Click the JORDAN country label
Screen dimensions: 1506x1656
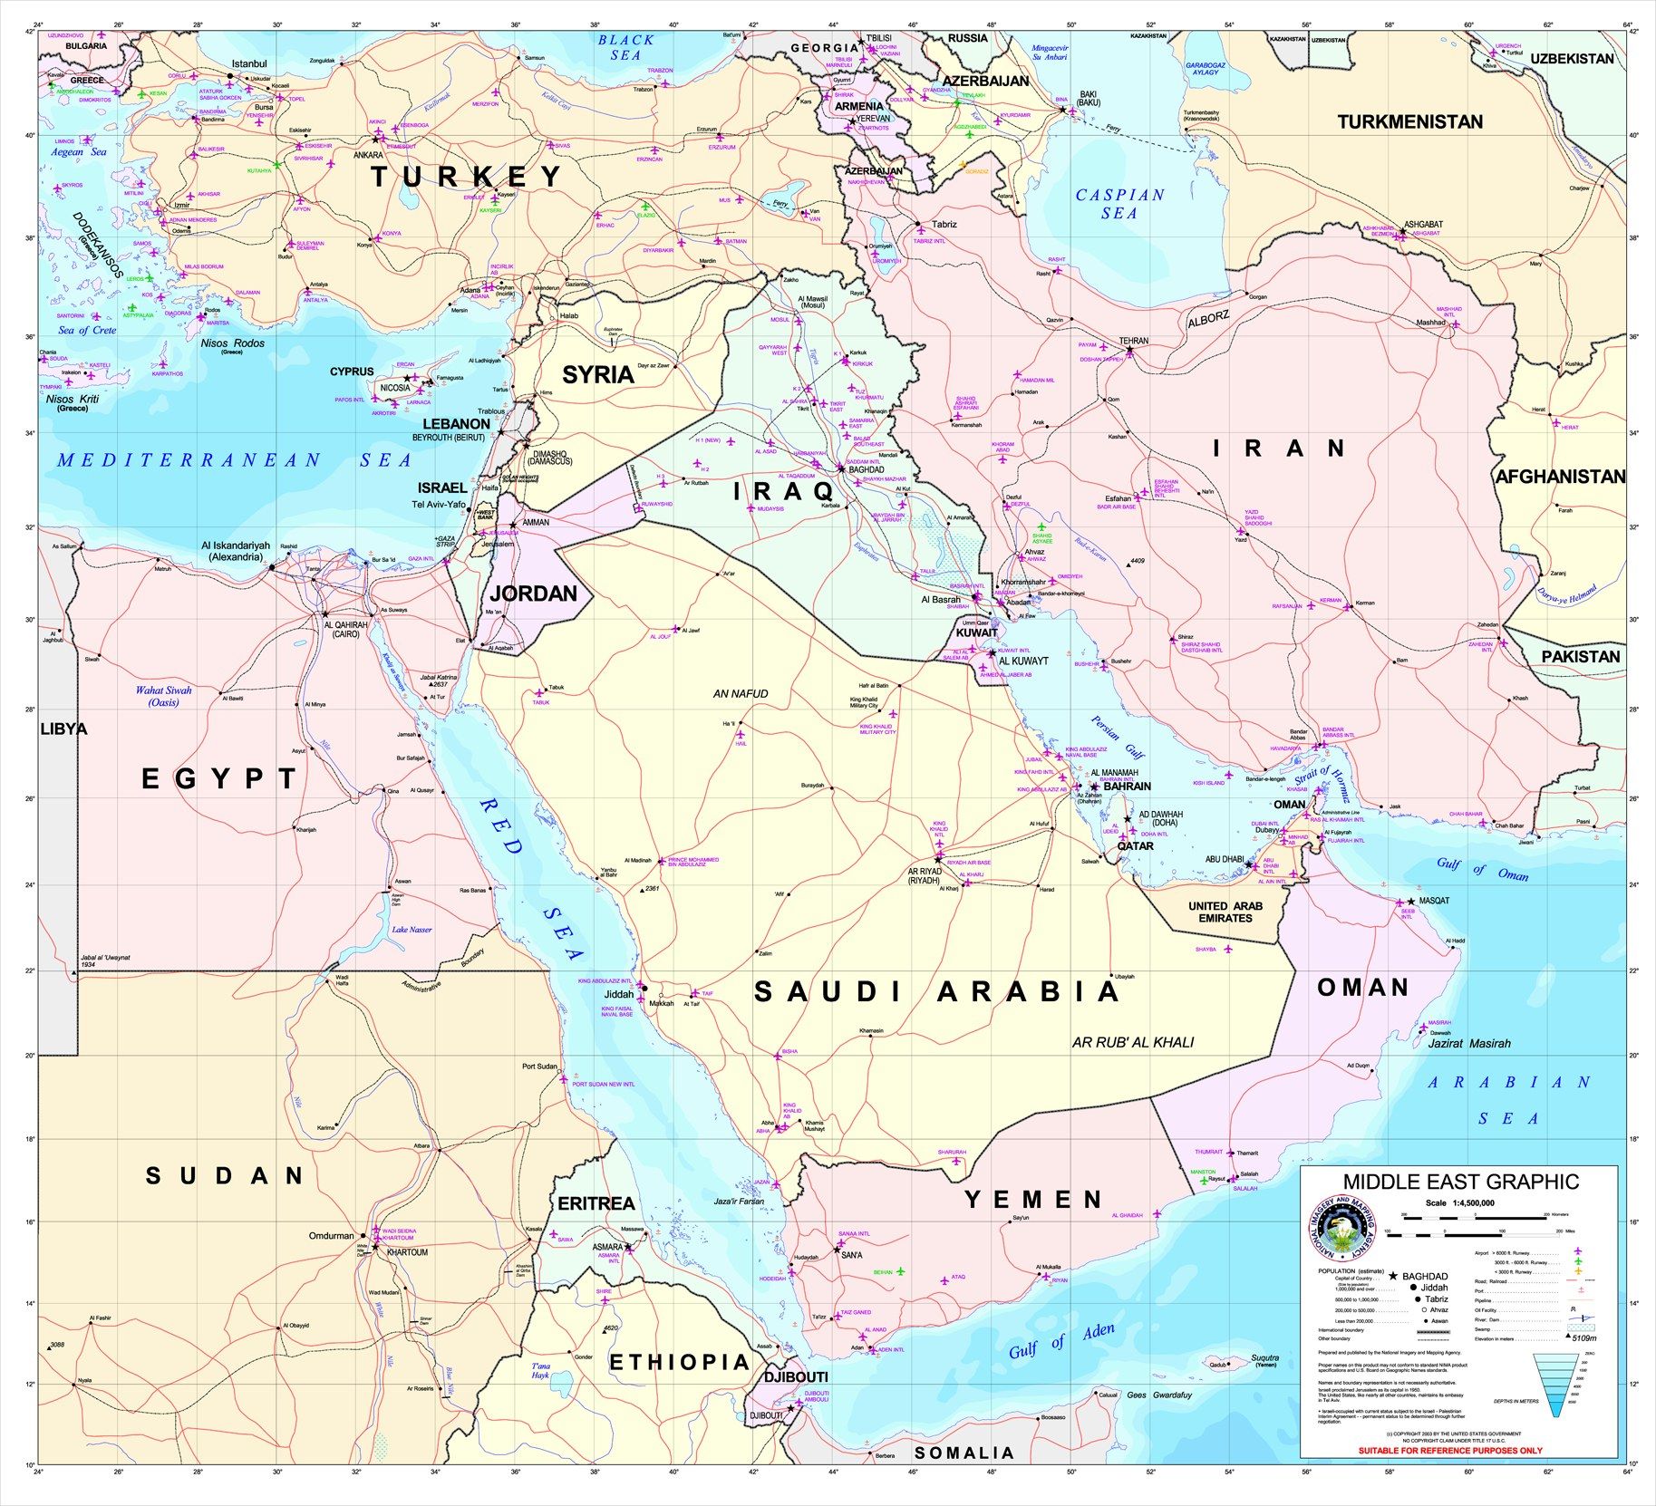(533, 594)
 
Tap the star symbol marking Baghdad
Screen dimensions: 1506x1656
(841, 469)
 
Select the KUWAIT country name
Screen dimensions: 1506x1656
(976, 632)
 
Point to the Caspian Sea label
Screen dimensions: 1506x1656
(1119, 204)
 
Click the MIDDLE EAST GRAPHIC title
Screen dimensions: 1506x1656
(1460, 1182)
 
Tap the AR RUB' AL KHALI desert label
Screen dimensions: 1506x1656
(1133, 1042)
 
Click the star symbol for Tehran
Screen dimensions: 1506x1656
(1129, 350)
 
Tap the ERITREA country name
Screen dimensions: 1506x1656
(596, 1203)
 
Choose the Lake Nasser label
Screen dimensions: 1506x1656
(412, 930)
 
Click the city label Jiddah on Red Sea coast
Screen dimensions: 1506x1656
(619, 993)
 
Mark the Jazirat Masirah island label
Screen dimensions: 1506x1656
(1469, 1043)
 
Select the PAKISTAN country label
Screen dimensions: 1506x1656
(1581, 656)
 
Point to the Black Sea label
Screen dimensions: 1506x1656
(625, 47)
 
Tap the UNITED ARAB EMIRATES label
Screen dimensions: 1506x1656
(1225, 912)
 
